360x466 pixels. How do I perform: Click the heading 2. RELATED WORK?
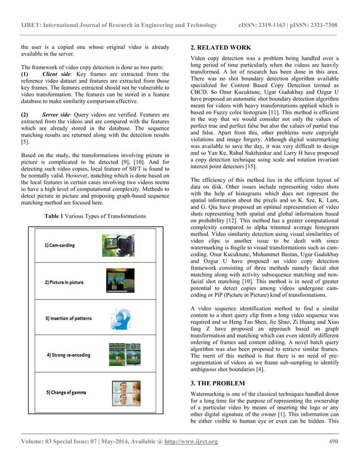point(221,48)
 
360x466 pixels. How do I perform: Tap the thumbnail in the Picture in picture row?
point(119,280)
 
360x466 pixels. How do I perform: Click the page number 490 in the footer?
point(333,441)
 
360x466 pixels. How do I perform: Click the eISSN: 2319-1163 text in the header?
point(263,25)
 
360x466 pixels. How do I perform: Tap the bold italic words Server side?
point(60,113)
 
